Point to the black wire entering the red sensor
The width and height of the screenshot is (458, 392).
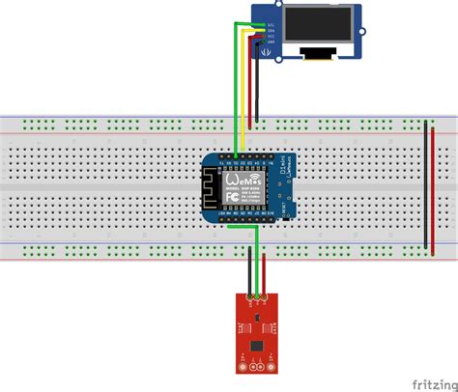pos(249,270)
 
